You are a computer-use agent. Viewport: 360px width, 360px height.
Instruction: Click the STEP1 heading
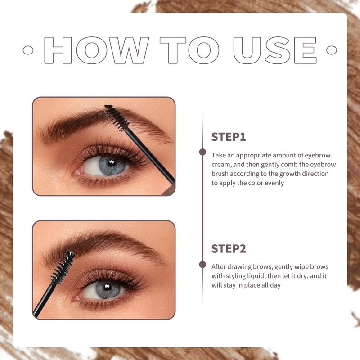(229, 137)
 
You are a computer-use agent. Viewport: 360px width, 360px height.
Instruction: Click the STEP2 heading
(229, 249)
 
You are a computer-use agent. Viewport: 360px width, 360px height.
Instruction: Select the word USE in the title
(275, 50)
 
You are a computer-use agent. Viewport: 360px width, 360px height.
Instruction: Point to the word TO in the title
(189, 50)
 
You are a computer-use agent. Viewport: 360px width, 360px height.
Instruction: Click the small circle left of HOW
(28, 50)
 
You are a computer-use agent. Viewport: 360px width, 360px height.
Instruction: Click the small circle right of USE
(332, 50)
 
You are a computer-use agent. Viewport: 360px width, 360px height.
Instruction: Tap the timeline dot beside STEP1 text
(202, 152)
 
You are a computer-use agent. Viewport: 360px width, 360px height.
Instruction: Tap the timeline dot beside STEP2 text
(202, 265)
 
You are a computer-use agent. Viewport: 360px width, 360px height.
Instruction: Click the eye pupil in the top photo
(112, 163)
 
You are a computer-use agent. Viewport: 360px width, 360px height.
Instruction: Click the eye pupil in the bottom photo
(107, 287)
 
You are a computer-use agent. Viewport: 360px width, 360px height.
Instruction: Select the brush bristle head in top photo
(117, 118)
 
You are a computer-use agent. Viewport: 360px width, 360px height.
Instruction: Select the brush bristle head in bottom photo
(63, 267)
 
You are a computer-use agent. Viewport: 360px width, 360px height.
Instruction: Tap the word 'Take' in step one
(219, 155)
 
